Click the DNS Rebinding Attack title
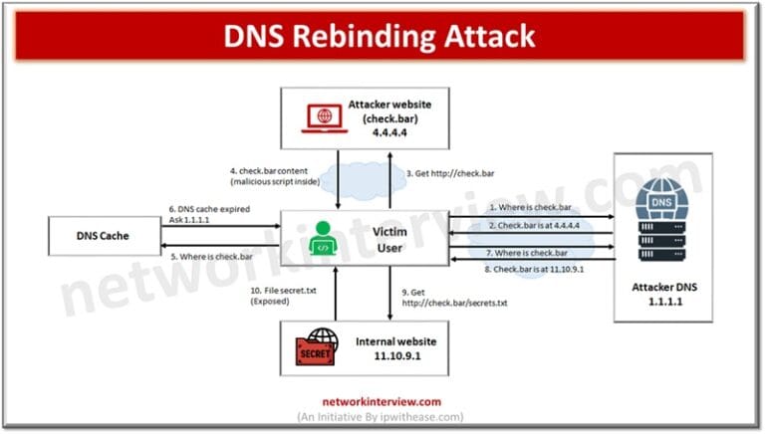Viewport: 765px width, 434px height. coord(382,37)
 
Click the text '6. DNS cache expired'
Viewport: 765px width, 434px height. coord(212,209)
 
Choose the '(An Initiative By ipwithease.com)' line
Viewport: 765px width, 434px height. coord(382,416)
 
